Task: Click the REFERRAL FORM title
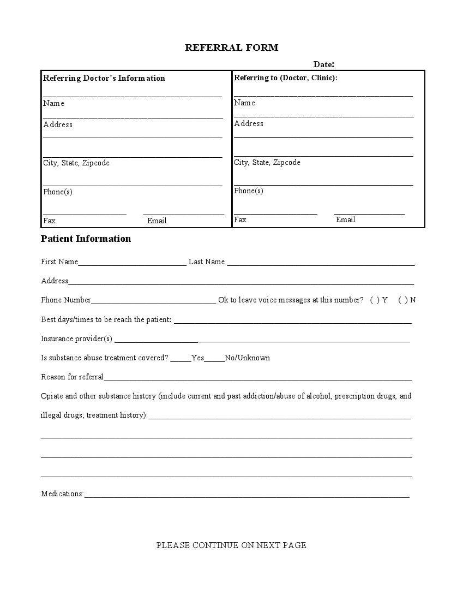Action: pyautogui.click(x=231, y=47)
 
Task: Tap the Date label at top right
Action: pyautogui.click(x=323, y=64)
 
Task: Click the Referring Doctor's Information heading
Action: pyautogui.click(x=104, y=78)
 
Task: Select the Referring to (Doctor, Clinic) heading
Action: pyautogui.click(x=285, y=78)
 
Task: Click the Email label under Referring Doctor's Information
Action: pyautogui.click(x=157, y=221)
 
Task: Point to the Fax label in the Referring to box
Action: pyautogui.click(x=240, y=219)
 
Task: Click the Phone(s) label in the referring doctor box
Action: pyautogui.click(x=57, y=192)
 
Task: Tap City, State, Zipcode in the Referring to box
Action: pyautogui.click(x=267, y=162)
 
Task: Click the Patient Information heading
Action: pyautogui.click(x=86, y=239)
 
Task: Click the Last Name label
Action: pyautogui.click(x=206, y=262)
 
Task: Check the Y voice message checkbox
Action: pyautogui.click(x=375, y=300)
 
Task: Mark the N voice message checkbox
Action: pyautogui.click(x=402, y=300)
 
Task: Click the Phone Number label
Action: pyautogui.click(x=65, y=300)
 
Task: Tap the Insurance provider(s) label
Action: pyautogui.click(x=76, y=338)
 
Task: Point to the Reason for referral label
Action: pyautogui.click(x=72, y=377)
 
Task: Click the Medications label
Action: pyautogui.click(x=62, y=494)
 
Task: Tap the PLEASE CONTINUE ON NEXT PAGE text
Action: pyautogui.click(x=231, y=545)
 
